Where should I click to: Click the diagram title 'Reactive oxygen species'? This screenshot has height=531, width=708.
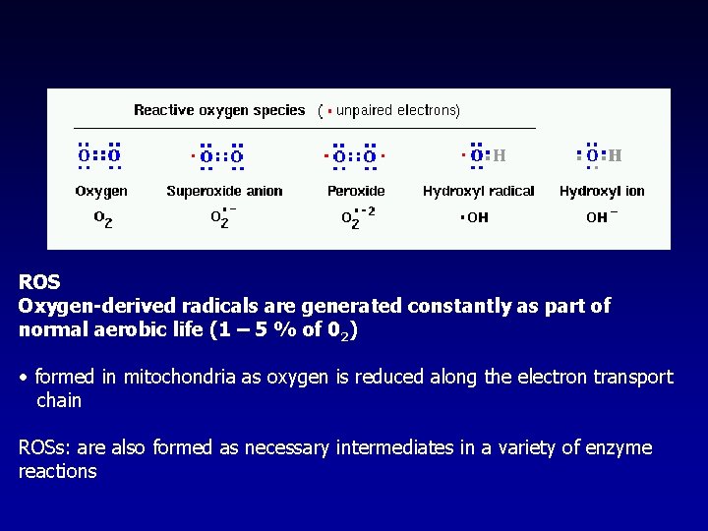219,110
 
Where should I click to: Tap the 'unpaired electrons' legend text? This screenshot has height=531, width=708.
397,110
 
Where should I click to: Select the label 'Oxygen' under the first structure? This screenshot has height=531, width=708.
101,191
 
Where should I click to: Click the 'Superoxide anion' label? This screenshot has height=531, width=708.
224,191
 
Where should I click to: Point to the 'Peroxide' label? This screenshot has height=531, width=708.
356,191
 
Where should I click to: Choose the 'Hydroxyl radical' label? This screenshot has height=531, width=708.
478,191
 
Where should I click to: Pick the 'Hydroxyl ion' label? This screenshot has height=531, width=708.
602,191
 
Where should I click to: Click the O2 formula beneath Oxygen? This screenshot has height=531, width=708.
102,218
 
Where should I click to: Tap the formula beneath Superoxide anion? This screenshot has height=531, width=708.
223,217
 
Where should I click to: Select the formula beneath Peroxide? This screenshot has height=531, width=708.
357,217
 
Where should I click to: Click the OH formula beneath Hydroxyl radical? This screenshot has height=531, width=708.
475,217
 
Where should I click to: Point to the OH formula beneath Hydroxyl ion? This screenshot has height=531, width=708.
601,217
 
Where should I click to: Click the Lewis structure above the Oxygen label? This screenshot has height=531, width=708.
99,155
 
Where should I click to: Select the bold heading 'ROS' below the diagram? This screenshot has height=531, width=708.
39,282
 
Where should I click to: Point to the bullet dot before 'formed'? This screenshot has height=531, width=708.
24,378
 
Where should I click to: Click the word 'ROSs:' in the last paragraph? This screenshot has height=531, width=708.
45,448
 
